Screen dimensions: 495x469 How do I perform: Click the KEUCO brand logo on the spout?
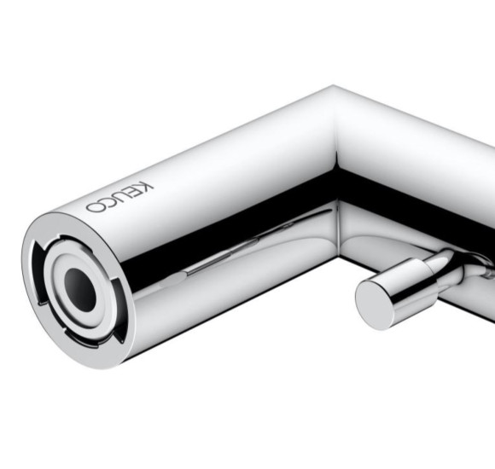[120, 198]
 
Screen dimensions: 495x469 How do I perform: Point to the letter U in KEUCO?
[124, 197]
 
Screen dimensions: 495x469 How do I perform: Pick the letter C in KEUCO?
[110, 202]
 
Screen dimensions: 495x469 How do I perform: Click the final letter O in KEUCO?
[95, 207]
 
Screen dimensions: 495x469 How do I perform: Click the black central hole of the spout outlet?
[80, 289]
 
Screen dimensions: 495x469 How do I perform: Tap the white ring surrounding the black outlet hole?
[81, 290]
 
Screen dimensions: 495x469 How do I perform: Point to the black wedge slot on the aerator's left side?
[38, 271]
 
